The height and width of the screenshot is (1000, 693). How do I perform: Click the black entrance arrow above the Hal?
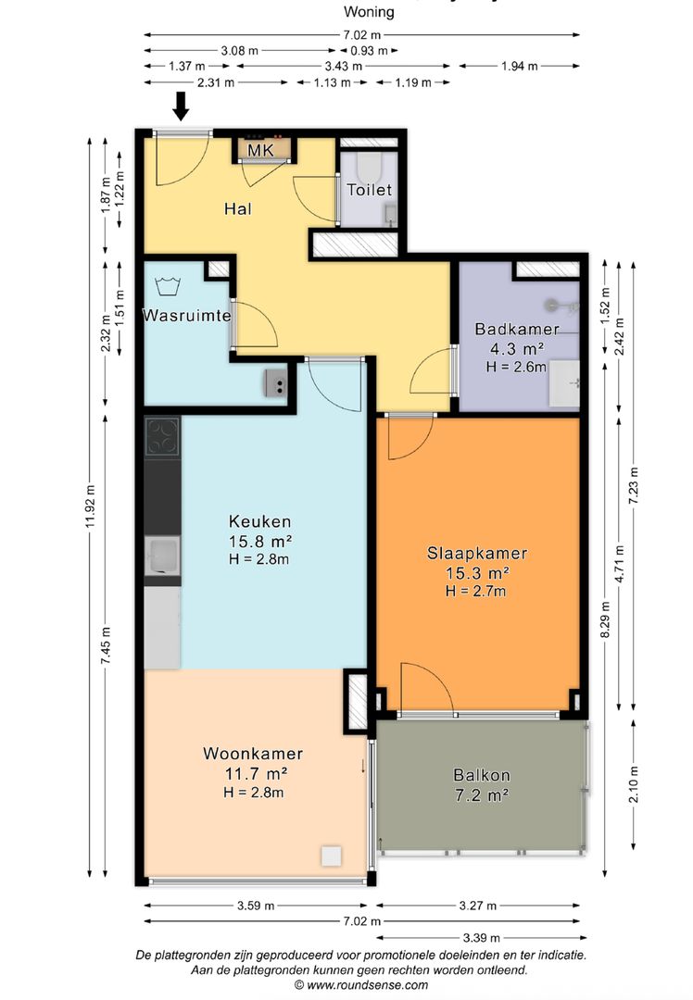tap(181, 106)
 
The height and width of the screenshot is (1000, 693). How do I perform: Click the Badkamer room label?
tap(516, 329)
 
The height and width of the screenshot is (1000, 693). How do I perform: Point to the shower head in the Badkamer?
tap(555, 304)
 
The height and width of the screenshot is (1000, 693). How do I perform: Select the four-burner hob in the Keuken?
tap(163, 436)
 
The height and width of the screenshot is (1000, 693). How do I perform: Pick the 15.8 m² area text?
tap(261, 541)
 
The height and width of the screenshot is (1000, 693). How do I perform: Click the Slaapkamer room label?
tap(477, 554)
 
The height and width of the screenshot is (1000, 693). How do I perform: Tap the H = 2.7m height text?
tap(476, 591)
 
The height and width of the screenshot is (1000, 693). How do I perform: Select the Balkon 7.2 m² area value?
tap(482, 794)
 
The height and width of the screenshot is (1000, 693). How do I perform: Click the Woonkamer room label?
tap(253, 754)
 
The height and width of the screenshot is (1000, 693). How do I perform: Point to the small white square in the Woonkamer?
tap(332, 856)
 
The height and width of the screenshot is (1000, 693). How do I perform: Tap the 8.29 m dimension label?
tap(605, 631)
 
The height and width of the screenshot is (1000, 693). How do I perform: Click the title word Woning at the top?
tap(369, 12)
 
